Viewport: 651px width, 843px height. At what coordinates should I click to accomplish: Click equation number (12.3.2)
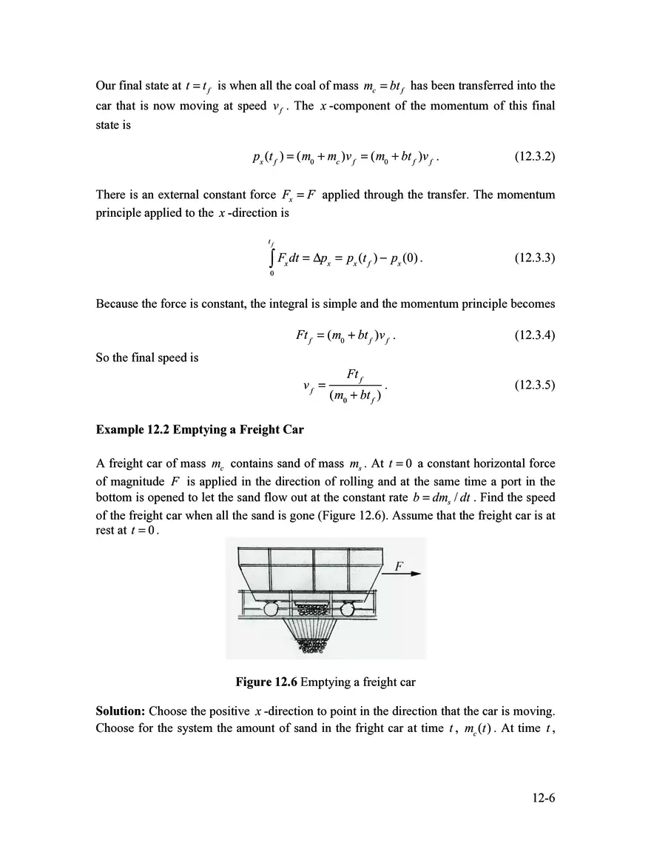click(534, 158)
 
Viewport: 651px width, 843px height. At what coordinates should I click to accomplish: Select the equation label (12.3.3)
click(534, 258)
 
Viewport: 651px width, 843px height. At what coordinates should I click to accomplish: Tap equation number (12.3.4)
click(534, 335)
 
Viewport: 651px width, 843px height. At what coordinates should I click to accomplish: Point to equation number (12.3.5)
click(534, 386)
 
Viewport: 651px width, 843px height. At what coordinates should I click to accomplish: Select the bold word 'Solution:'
click(120, 711)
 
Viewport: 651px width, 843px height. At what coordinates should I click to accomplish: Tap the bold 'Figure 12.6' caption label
click(266, 682)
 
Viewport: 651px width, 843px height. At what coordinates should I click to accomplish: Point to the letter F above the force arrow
click(399, 566)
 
